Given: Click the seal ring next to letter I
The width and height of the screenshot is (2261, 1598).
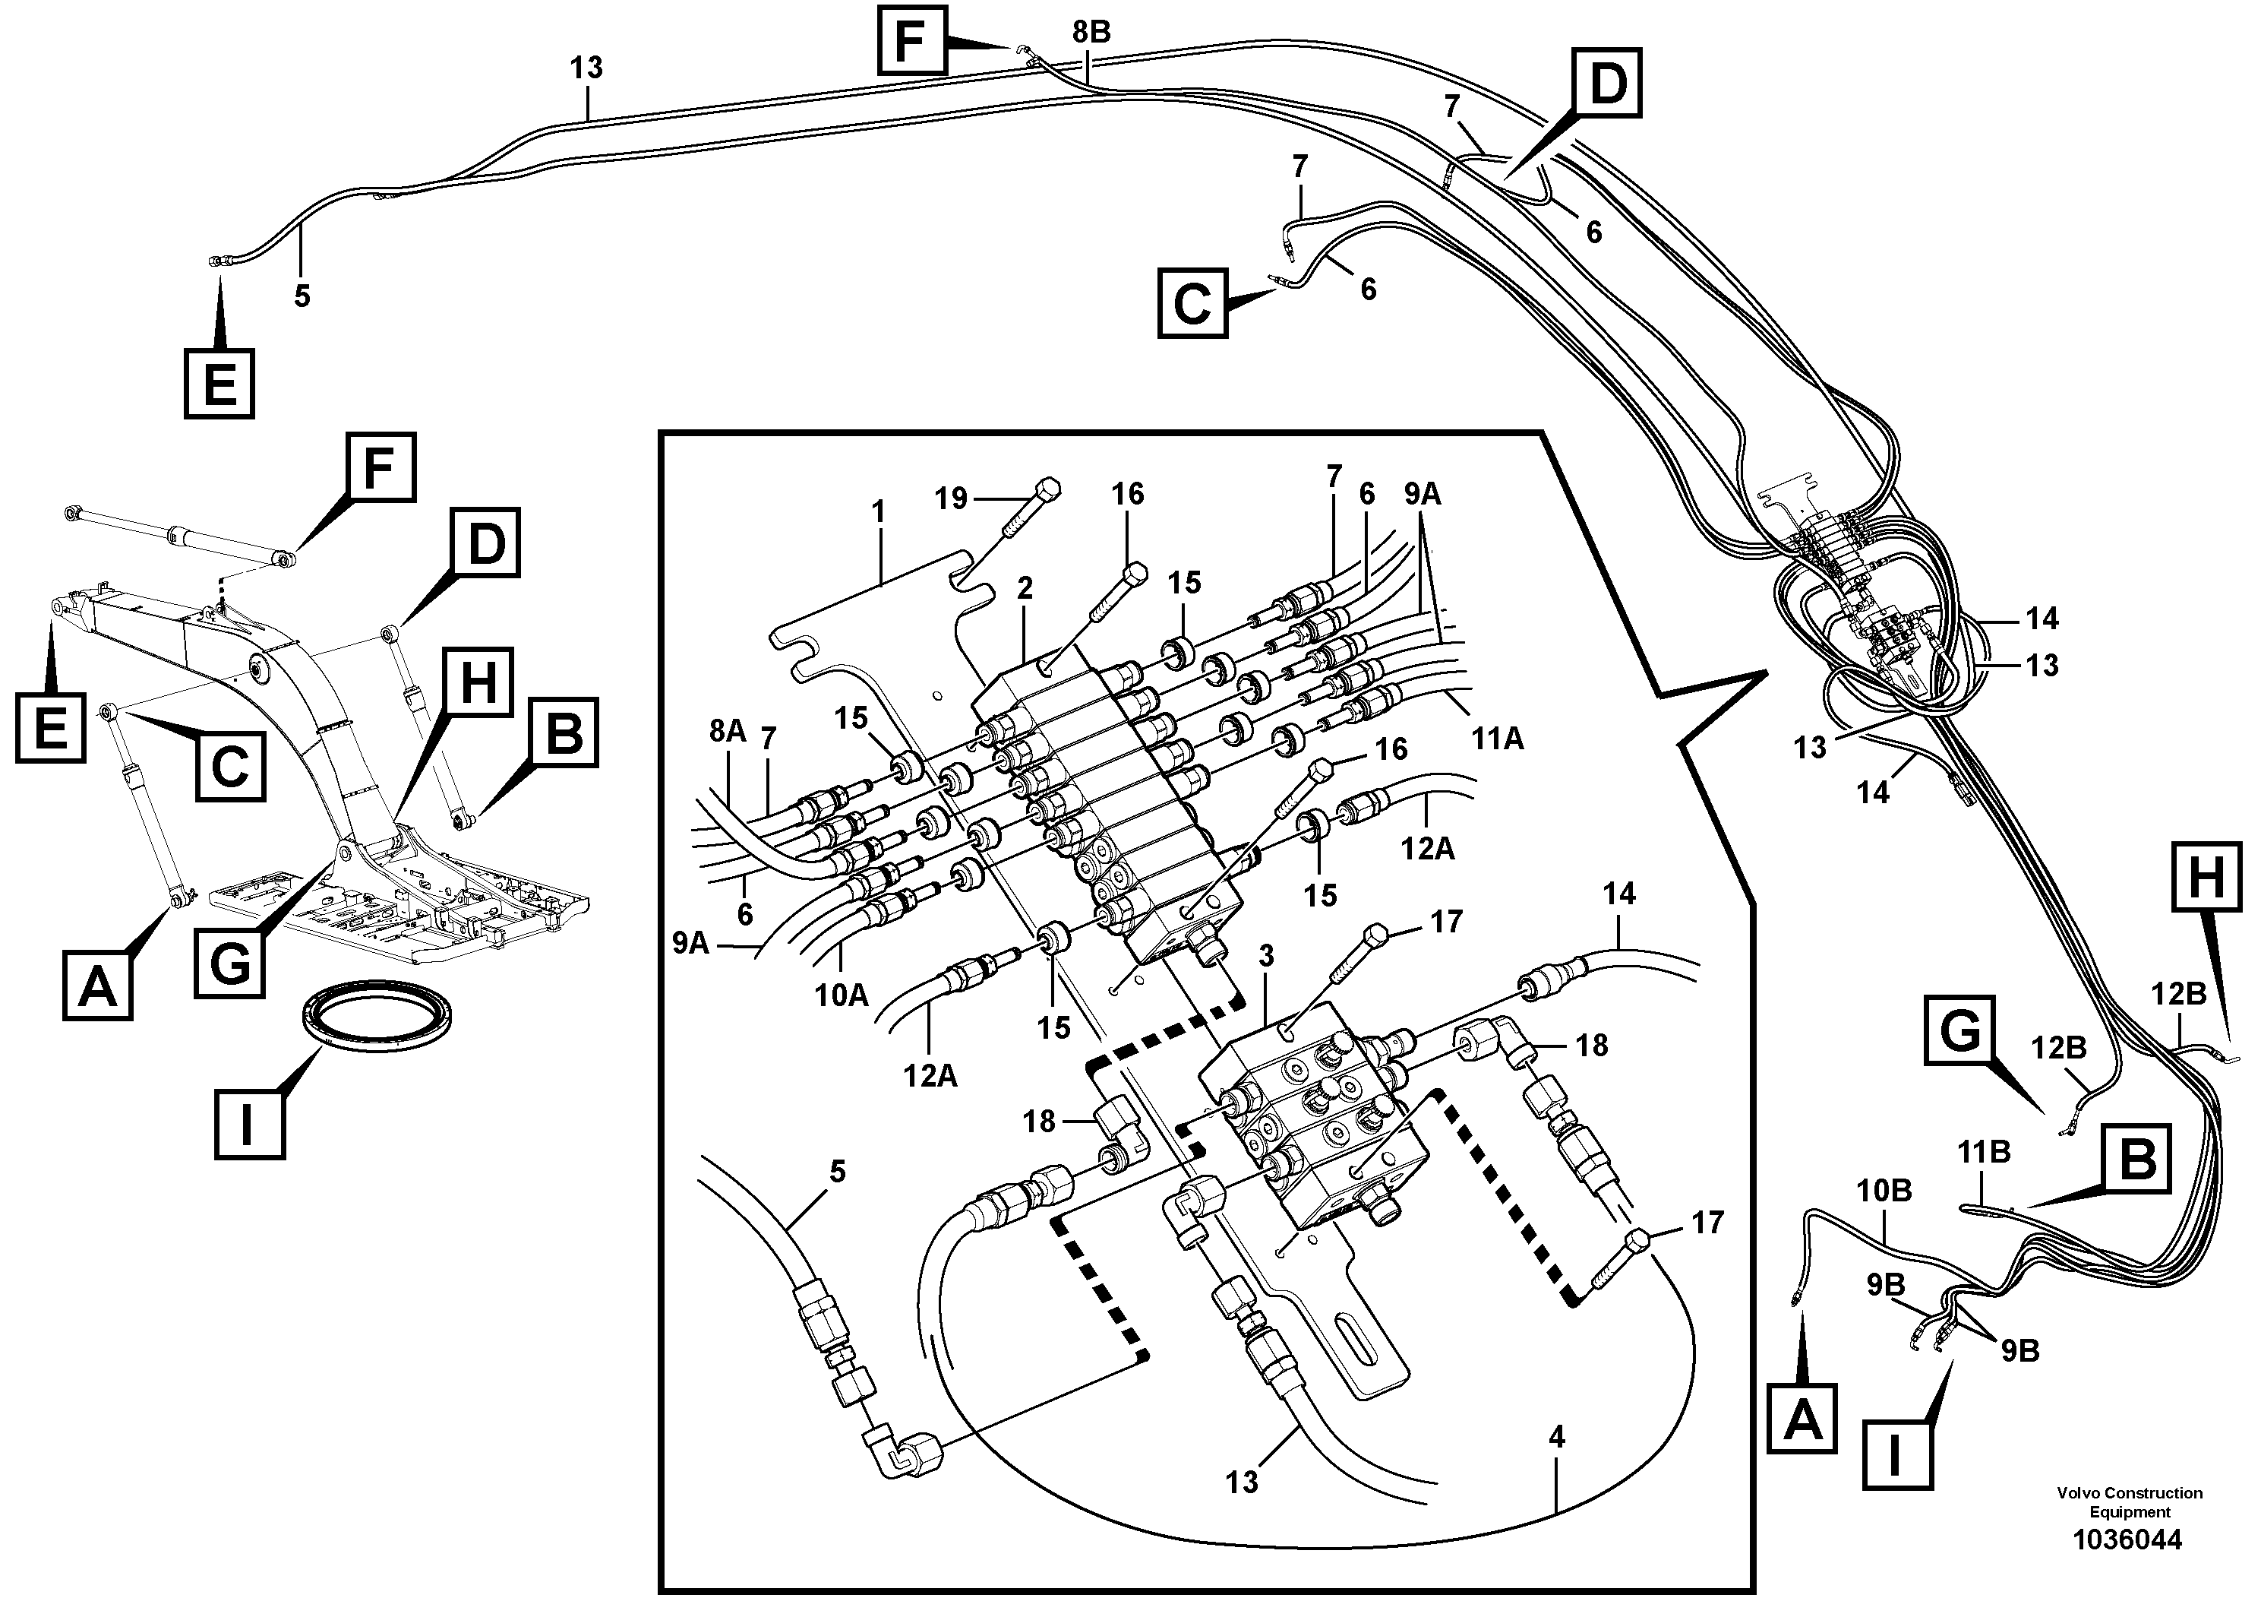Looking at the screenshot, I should (377, 1012).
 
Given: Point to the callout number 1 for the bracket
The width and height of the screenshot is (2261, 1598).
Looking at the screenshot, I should (879, 511).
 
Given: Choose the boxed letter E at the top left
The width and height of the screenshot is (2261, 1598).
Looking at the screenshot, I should (219, 382).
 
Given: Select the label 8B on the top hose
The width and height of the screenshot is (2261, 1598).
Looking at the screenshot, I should (1091, 33).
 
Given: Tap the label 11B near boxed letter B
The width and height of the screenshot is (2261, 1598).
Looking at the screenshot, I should (1983, 1150).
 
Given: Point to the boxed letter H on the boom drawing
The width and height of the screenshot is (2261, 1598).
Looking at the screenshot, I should (478, 682).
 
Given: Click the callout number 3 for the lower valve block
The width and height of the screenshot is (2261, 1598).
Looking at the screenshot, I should (1266, 956).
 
